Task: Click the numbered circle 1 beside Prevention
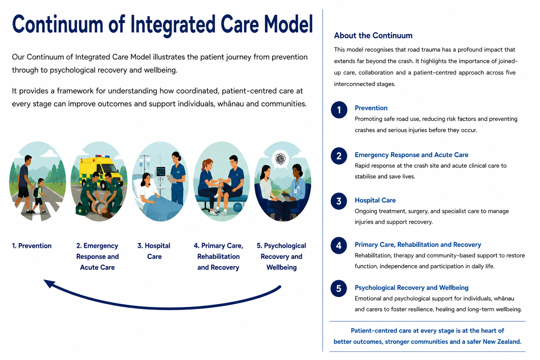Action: pyautogui.click(x=339, y=110)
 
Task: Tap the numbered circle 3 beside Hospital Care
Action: pyautogui.click(x=339, y=201)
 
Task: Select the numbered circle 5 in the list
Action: pyautogui.click(x=339, y=288)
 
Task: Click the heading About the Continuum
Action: pyautogui.click(x=373, y=36)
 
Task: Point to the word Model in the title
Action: pyautogui.click(x=289, y=24)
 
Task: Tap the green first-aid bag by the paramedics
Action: pyautogui.click(x=81, y=210)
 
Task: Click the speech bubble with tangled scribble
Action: pyautogui.click(x=281, y=159)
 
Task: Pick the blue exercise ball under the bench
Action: pyautogui.click(x=238, y=207)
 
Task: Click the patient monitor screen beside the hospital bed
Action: pyautogui.click(x=161, y=172)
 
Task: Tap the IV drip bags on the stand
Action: pyautogui.click(x=144, y=161)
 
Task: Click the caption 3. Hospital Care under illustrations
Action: pyautogui.click(x=154, y=251)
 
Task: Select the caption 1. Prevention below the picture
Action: pyautogui.click(x=32, y=246)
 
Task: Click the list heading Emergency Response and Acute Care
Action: pyautogui.click(x=412, y=155)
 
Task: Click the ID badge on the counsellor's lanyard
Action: pyautogui.click(x=296, y=191)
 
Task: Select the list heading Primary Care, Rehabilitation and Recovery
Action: pyautogui.click(x=418, y=245)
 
